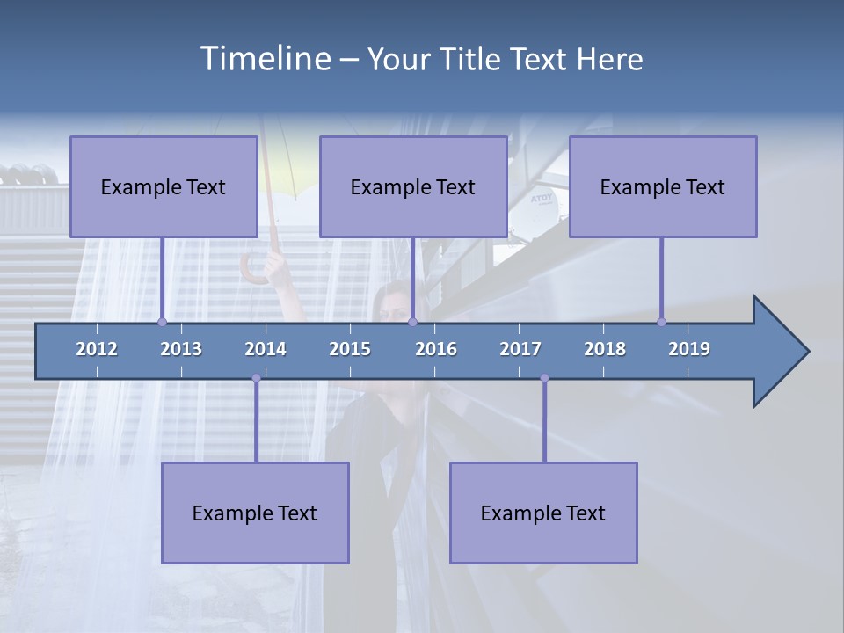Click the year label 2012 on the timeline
point(97,349)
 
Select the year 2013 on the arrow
point(181,349)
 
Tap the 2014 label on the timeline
point(266,349)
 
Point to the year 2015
point(350,349)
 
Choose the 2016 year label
point(436,349)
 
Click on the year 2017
point(520,349)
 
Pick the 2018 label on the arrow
point(605,349)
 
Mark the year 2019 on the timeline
point(689,349)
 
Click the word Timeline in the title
point(264,59)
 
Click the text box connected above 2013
point(164,187)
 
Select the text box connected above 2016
point(413,187)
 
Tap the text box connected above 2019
point(663,187)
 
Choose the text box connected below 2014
point(255,513)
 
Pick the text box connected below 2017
point(543,513)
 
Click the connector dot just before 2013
point(162,322)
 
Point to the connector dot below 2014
point(256,378)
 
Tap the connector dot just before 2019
point(661,322)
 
